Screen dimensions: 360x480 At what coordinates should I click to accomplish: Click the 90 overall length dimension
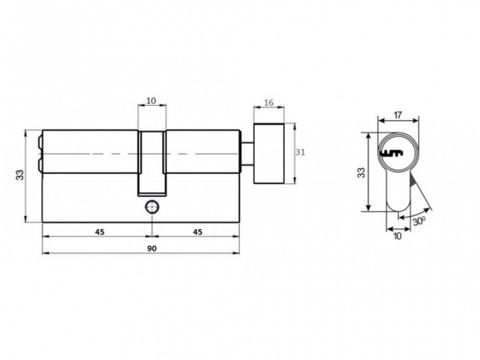tap(152, 248)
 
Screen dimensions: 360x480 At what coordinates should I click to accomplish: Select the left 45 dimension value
tap(99, 232)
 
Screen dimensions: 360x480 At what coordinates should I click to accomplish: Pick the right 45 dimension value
tap(197, 232)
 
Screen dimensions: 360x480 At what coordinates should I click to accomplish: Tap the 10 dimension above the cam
tap(152, 101)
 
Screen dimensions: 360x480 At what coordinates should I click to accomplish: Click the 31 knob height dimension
tap(300, 152)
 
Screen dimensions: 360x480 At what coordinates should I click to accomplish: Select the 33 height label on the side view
tap(21, 175)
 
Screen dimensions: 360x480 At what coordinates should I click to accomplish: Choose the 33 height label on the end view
tap(361, 171)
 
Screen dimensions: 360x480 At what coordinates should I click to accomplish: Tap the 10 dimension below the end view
tap(398, 237)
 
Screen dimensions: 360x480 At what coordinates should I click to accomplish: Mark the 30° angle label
tap(420, 221)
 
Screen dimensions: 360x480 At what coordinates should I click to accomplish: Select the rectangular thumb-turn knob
tap(269, 153)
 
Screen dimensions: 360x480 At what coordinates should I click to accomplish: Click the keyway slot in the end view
tap(392, 152)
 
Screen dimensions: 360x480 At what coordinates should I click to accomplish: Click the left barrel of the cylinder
tap(89, 152)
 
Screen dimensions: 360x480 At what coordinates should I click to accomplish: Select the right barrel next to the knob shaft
tap(203, 152)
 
